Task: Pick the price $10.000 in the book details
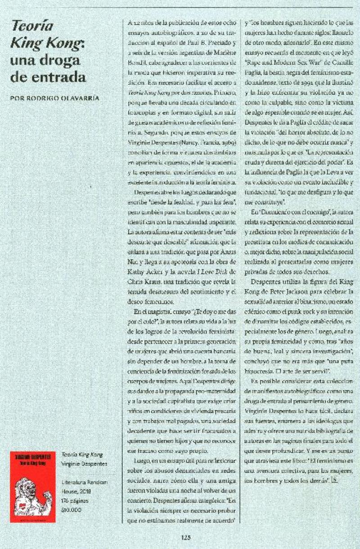tap(72, 509)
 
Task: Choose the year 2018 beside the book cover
tap(88, 491)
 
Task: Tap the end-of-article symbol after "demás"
tap(334, 480)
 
